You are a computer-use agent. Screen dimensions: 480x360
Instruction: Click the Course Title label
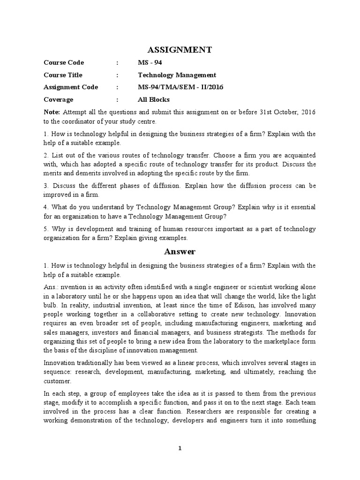point(63,75)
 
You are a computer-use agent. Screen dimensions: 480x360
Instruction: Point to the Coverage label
point(59,99)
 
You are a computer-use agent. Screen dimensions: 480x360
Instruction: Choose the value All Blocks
point(153,99)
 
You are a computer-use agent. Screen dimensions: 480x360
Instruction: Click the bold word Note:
point(52,112)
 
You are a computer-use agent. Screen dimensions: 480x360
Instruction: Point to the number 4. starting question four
point(46,207)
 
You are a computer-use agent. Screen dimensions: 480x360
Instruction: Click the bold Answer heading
point(180,252)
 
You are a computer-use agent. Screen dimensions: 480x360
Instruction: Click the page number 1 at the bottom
point(180,449)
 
